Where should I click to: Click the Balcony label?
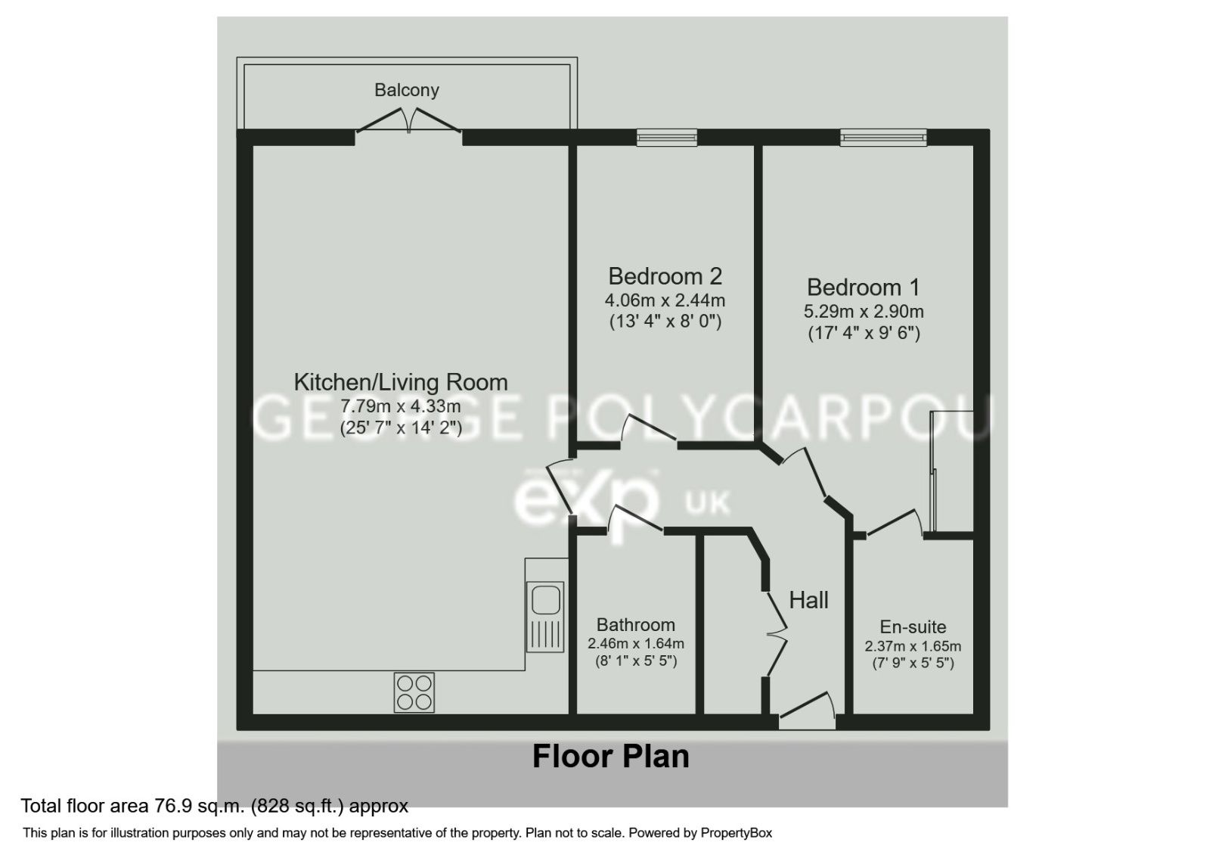pos(407,90)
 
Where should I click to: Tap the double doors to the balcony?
pos(408,121)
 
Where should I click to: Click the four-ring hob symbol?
pos(414,692)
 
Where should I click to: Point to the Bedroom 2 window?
pos(666,137)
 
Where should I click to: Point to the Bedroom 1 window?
pos(883,137)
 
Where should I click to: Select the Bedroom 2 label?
pos(665,275)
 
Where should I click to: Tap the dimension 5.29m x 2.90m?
pos(864,311)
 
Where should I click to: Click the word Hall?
pos(808,601)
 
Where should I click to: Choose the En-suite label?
pos(913,627)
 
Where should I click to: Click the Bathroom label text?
pos(635,625)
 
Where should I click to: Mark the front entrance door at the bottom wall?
pos(807,712)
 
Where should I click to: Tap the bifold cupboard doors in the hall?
pos(776,633)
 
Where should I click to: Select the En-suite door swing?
pos(894,524)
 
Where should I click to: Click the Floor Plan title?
pos(611,756)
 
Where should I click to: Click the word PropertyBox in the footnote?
pos(736,833)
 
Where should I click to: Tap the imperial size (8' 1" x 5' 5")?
pos(635,661)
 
